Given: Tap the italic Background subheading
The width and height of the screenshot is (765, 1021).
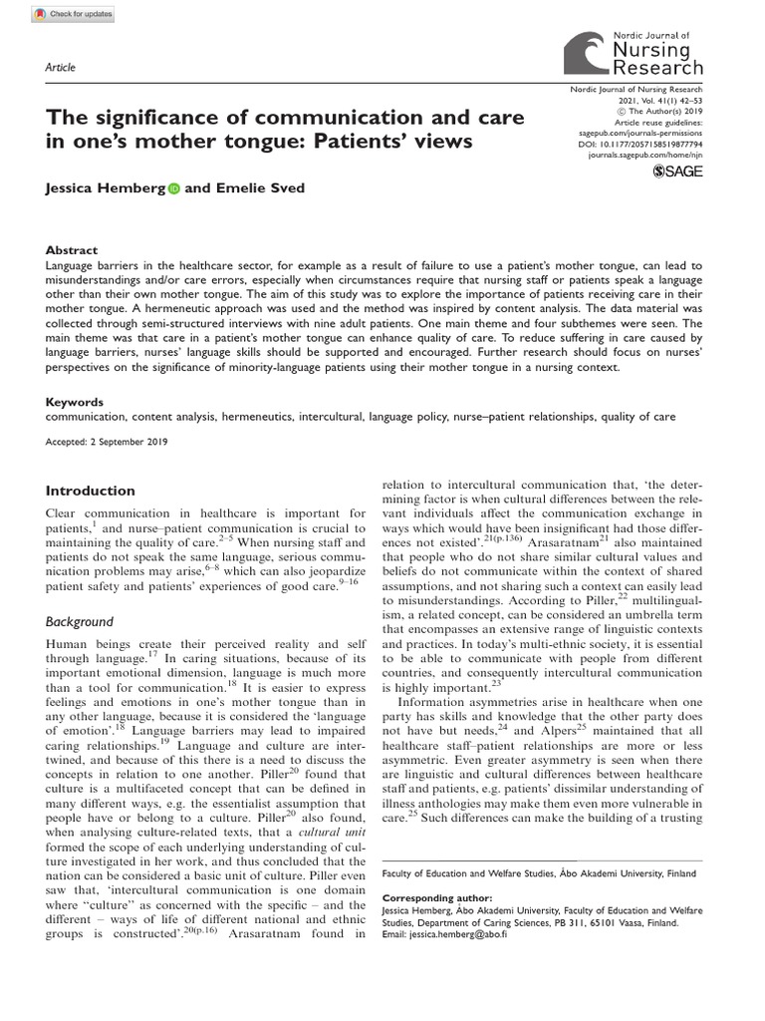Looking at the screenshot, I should [86, 621].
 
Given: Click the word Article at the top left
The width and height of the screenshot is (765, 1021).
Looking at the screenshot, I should [61, 67].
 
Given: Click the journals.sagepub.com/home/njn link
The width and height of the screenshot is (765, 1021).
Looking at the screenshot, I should [646, 156].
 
